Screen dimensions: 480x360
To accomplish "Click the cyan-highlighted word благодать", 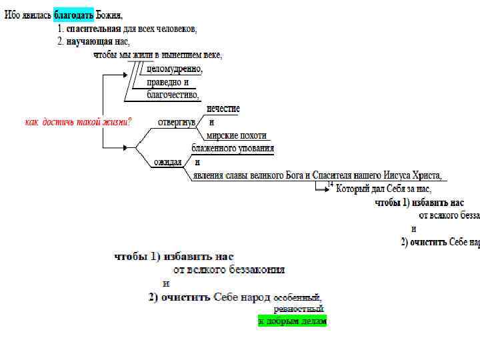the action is click(73, 15).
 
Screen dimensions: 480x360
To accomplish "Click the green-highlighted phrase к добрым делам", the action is click(292, 321).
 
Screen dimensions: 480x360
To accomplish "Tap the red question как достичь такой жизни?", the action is click(78, 122).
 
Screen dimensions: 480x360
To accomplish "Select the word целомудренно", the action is click(175, 69).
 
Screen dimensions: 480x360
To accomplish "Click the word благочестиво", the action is click(173, 95).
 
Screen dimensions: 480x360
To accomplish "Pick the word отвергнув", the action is click(176, 123).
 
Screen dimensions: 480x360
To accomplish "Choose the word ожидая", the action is click(168, 162).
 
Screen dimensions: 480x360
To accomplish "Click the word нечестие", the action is click(223, 109).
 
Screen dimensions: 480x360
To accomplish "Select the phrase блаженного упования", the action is click(233, 149).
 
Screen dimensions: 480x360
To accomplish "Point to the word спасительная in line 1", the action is click(93, 29).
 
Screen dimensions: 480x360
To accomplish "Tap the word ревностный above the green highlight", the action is click(298, 309).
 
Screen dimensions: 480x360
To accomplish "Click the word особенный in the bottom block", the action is click(298, 297).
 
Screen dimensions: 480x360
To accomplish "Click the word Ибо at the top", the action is click(12, 15).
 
